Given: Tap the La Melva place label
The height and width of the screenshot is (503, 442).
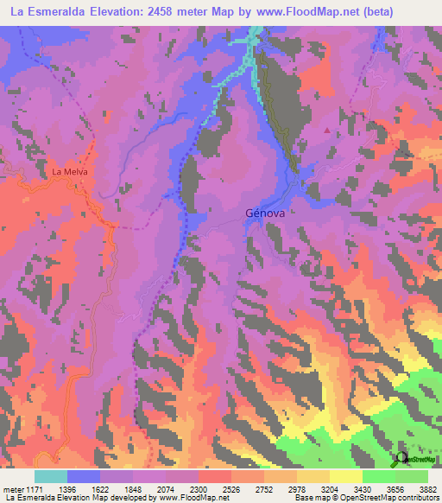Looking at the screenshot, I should point(71,171).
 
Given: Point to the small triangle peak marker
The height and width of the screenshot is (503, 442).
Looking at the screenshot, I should point(327,131).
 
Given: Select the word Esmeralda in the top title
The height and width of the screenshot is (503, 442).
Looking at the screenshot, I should point(56,12).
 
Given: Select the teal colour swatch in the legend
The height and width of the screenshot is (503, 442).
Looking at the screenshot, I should point(51,476).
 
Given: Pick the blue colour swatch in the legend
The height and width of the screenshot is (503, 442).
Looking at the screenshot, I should point(84,476).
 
